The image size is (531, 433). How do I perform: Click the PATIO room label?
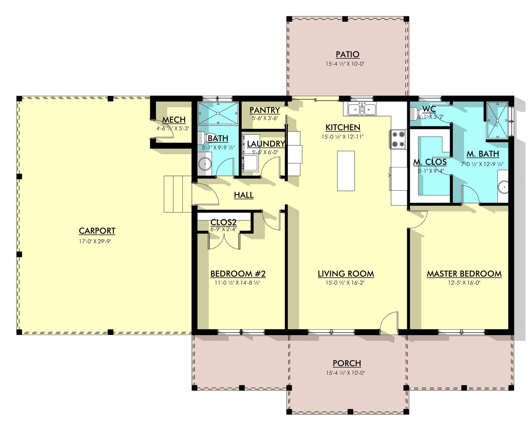(x=347, y=54)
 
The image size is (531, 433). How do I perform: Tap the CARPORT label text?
(x=97, y=231)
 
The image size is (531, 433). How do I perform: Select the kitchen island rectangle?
(x=346, y=171)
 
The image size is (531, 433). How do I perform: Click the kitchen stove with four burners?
(x=398, y=139)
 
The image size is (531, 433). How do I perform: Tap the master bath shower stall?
(x=497, y=120)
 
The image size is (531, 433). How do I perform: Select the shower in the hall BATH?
(x=218, y=113)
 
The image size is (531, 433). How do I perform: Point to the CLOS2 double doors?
(x=224, y=242)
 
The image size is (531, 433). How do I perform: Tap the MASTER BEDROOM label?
(x=464, y=274)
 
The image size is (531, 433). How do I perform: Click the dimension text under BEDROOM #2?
(x=237, y=283)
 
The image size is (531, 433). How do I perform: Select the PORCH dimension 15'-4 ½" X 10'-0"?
(x=347, y=373)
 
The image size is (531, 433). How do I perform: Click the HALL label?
(x=244, y=195)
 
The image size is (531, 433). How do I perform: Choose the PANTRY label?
(x=265, y=110)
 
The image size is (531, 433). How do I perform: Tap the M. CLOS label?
(x=430, y=162)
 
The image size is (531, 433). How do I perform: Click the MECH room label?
(x=173, y=120)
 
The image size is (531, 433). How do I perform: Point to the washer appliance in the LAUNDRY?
(x=251, y=163)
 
